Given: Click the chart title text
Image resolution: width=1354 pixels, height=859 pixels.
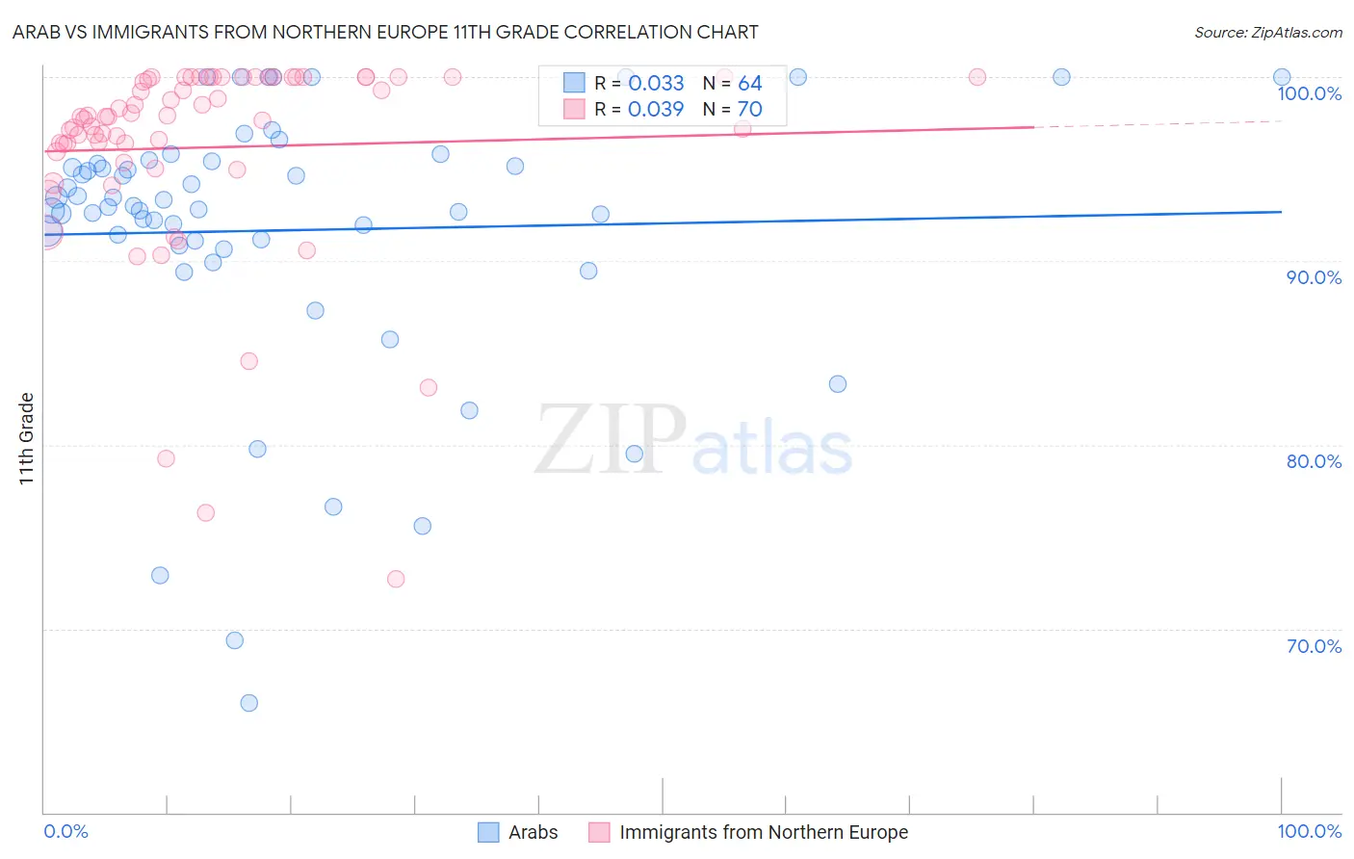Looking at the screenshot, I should click(385, 32).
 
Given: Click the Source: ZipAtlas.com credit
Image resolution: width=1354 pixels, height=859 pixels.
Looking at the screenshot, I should click(1267, 33).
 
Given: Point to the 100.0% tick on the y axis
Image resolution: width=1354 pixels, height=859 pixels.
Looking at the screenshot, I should click(1309, 93).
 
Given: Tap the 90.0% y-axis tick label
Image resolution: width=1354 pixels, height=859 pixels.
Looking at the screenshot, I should click(1314, 277).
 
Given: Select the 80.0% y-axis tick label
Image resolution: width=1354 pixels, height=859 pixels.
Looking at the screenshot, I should click(1314, 461).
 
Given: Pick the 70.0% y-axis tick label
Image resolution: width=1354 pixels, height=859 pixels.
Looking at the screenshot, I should click(1314, 646).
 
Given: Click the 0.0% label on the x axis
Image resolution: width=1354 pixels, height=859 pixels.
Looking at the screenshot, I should click(65, 831).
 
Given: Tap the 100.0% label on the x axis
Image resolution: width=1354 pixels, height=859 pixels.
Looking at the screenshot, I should click(1309, 831).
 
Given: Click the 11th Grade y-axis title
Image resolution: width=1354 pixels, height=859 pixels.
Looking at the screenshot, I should click(27, 438).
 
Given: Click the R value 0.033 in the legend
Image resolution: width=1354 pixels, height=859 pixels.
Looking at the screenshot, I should click(656, 84).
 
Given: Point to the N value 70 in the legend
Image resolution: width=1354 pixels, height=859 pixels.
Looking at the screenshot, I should click(749, 110).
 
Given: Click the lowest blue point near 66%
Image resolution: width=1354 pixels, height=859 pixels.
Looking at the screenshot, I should click(248, 703).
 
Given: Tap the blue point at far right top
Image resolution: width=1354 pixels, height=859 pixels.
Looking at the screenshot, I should click(1282, 77).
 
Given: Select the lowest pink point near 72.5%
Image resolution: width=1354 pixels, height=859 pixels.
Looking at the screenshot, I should click(396, 579).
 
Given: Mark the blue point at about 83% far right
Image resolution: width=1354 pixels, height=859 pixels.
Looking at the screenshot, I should click(838, 384).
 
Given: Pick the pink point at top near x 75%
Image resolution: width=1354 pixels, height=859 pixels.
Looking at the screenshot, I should click(977, 77).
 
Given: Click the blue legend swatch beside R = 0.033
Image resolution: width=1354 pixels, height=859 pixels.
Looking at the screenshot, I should click(574, 84).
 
